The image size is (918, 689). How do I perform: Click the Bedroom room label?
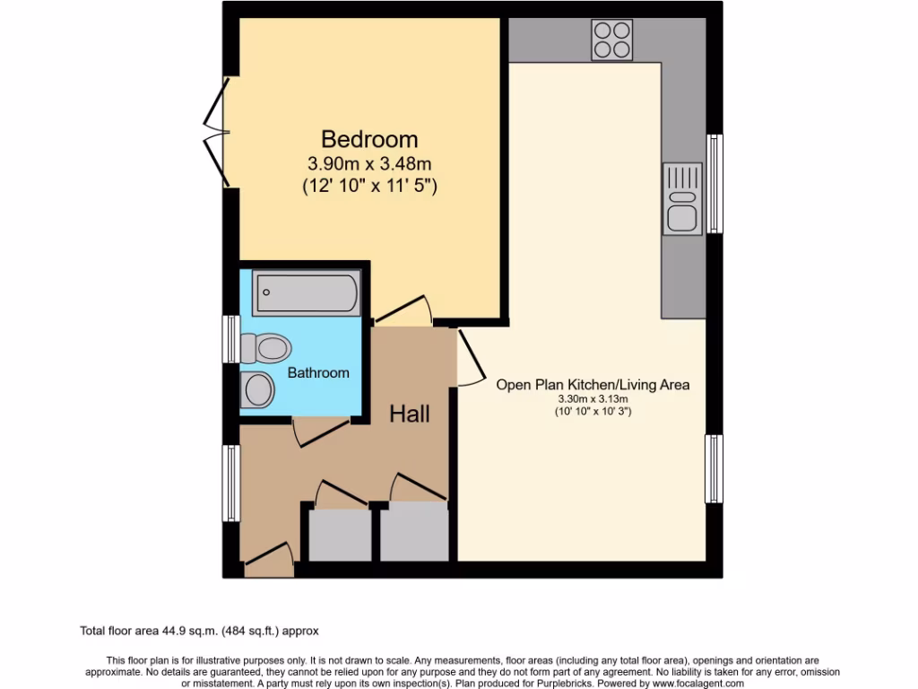pos(369,140)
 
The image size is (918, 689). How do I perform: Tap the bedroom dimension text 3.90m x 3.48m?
pos(369,164)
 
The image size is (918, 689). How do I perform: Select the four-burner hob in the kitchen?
pos(611,39)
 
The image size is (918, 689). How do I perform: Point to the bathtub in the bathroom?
pos(306,292)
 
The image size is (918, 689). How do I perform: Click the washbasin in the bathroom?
pos(257,389)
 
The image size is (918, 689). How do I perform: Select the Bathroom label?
pos(318,372)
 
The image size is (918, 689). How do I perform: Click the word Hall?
pos(409,414)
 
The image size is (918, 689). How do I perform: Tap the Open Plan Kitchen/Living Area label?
pos(593,385)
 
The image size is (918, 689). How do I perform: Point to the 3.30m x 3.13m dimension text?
pos(593,399)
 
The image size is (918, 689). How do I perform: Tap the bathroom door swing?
pos(319,431)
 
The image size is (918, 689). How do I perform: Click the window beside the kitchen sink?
pos(714,184)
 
